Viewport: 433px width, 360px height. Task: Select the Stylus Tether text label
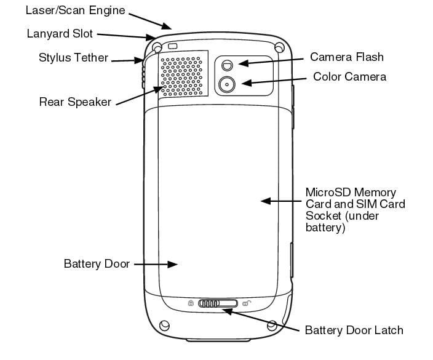point(73,58)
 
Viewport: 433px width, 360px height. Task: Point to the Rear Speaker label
point(75,102)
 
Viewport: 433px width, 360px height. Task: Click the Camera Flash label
point(346,57)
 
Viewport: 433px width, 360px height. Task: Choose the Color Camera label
point(349,77)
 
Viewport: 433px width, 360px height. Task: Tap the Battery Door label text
point(97,264)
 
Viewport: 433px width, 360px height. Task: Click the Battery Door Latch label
point(354,330)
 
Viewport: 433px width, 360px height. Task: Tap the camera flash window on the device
point(228,63)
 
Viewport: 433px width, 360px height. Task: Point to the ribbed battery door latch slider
point(213,303)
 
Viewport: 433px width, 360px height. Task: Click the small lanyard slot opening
point(173,46)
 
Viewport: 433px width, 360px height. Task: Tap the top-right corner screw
point(280,47)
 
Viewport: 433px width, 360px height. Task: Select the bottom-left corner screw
point(164,325)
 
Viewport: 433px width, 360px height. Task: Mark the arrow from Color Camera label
point(271,79)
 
